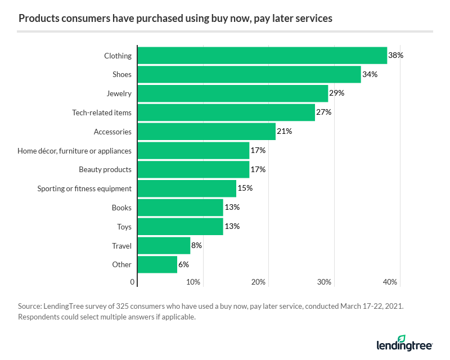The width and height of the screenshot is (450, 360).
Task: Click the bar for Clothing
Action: (262, 56)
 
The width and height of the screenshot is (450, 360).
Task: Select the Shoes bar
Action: (249, 75)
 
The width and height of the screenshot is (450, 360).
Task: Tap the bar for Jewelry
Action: (233, 93)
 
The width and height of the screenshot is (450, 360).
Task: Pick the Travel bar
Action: (164, 246)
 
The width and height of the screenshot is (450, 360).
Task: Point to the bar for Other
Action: (157, 264)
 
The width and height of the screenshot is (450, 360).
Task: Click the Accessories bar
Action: (206, 132)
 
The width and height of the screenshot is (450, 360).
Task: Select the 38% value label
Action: (396, 56)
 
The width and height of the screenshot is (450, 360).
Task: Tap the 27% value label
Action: (324, 112)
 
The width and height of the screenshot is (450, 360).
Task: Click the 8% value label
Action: (196, 246)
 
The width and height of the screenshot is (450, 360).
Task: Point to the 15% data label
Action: (245, 188)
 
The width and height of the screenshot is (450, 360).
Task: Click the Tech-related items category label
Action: (102, 112)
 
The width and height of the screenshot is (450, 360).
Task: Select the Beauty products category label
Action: (105, 169)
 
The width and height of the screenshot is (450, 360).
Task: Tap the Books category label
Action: (121, 208)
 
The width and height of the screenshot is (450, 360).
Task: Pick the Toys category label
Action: (124, 227)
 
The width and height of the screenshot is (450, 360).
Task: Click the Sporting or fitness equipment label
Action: (84, 188)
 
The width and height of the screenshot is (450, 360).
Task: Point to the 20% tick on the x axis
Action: (259, 282)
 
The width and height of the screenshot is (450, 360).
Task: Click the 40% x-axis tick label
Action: (390, 282)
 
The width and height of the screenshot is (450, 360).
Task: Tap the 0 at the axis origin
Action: (133, 282)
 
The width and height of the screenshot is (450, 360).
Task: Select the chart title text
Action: (175, 19)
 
